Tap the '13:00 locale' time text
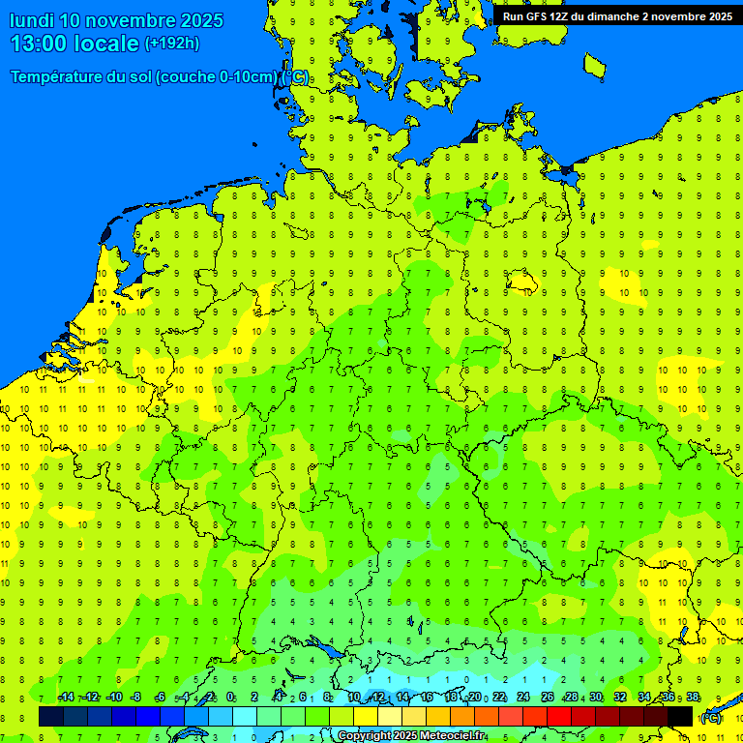point(74,44)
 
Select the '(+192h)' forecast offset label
point(171,44)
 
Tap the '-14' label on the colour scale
point(66,698)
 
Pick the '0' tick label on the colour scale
point(230,698)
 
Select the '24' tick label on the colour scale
point(523,698)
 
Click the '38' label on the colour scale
point(693,698)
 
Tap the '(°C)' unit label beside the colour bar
point(711,717)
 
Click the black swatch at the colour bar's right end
point(680,716)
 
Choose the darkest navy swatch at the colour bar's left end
point(51,716)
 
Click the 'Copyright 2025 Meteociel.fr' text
point(411,736)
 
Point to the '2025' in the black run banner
point(716,16)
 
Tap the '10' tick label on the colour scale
point(354,698)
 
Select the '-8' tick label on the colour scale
point(136,698)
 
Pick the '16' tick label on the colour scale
point(427,698)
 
